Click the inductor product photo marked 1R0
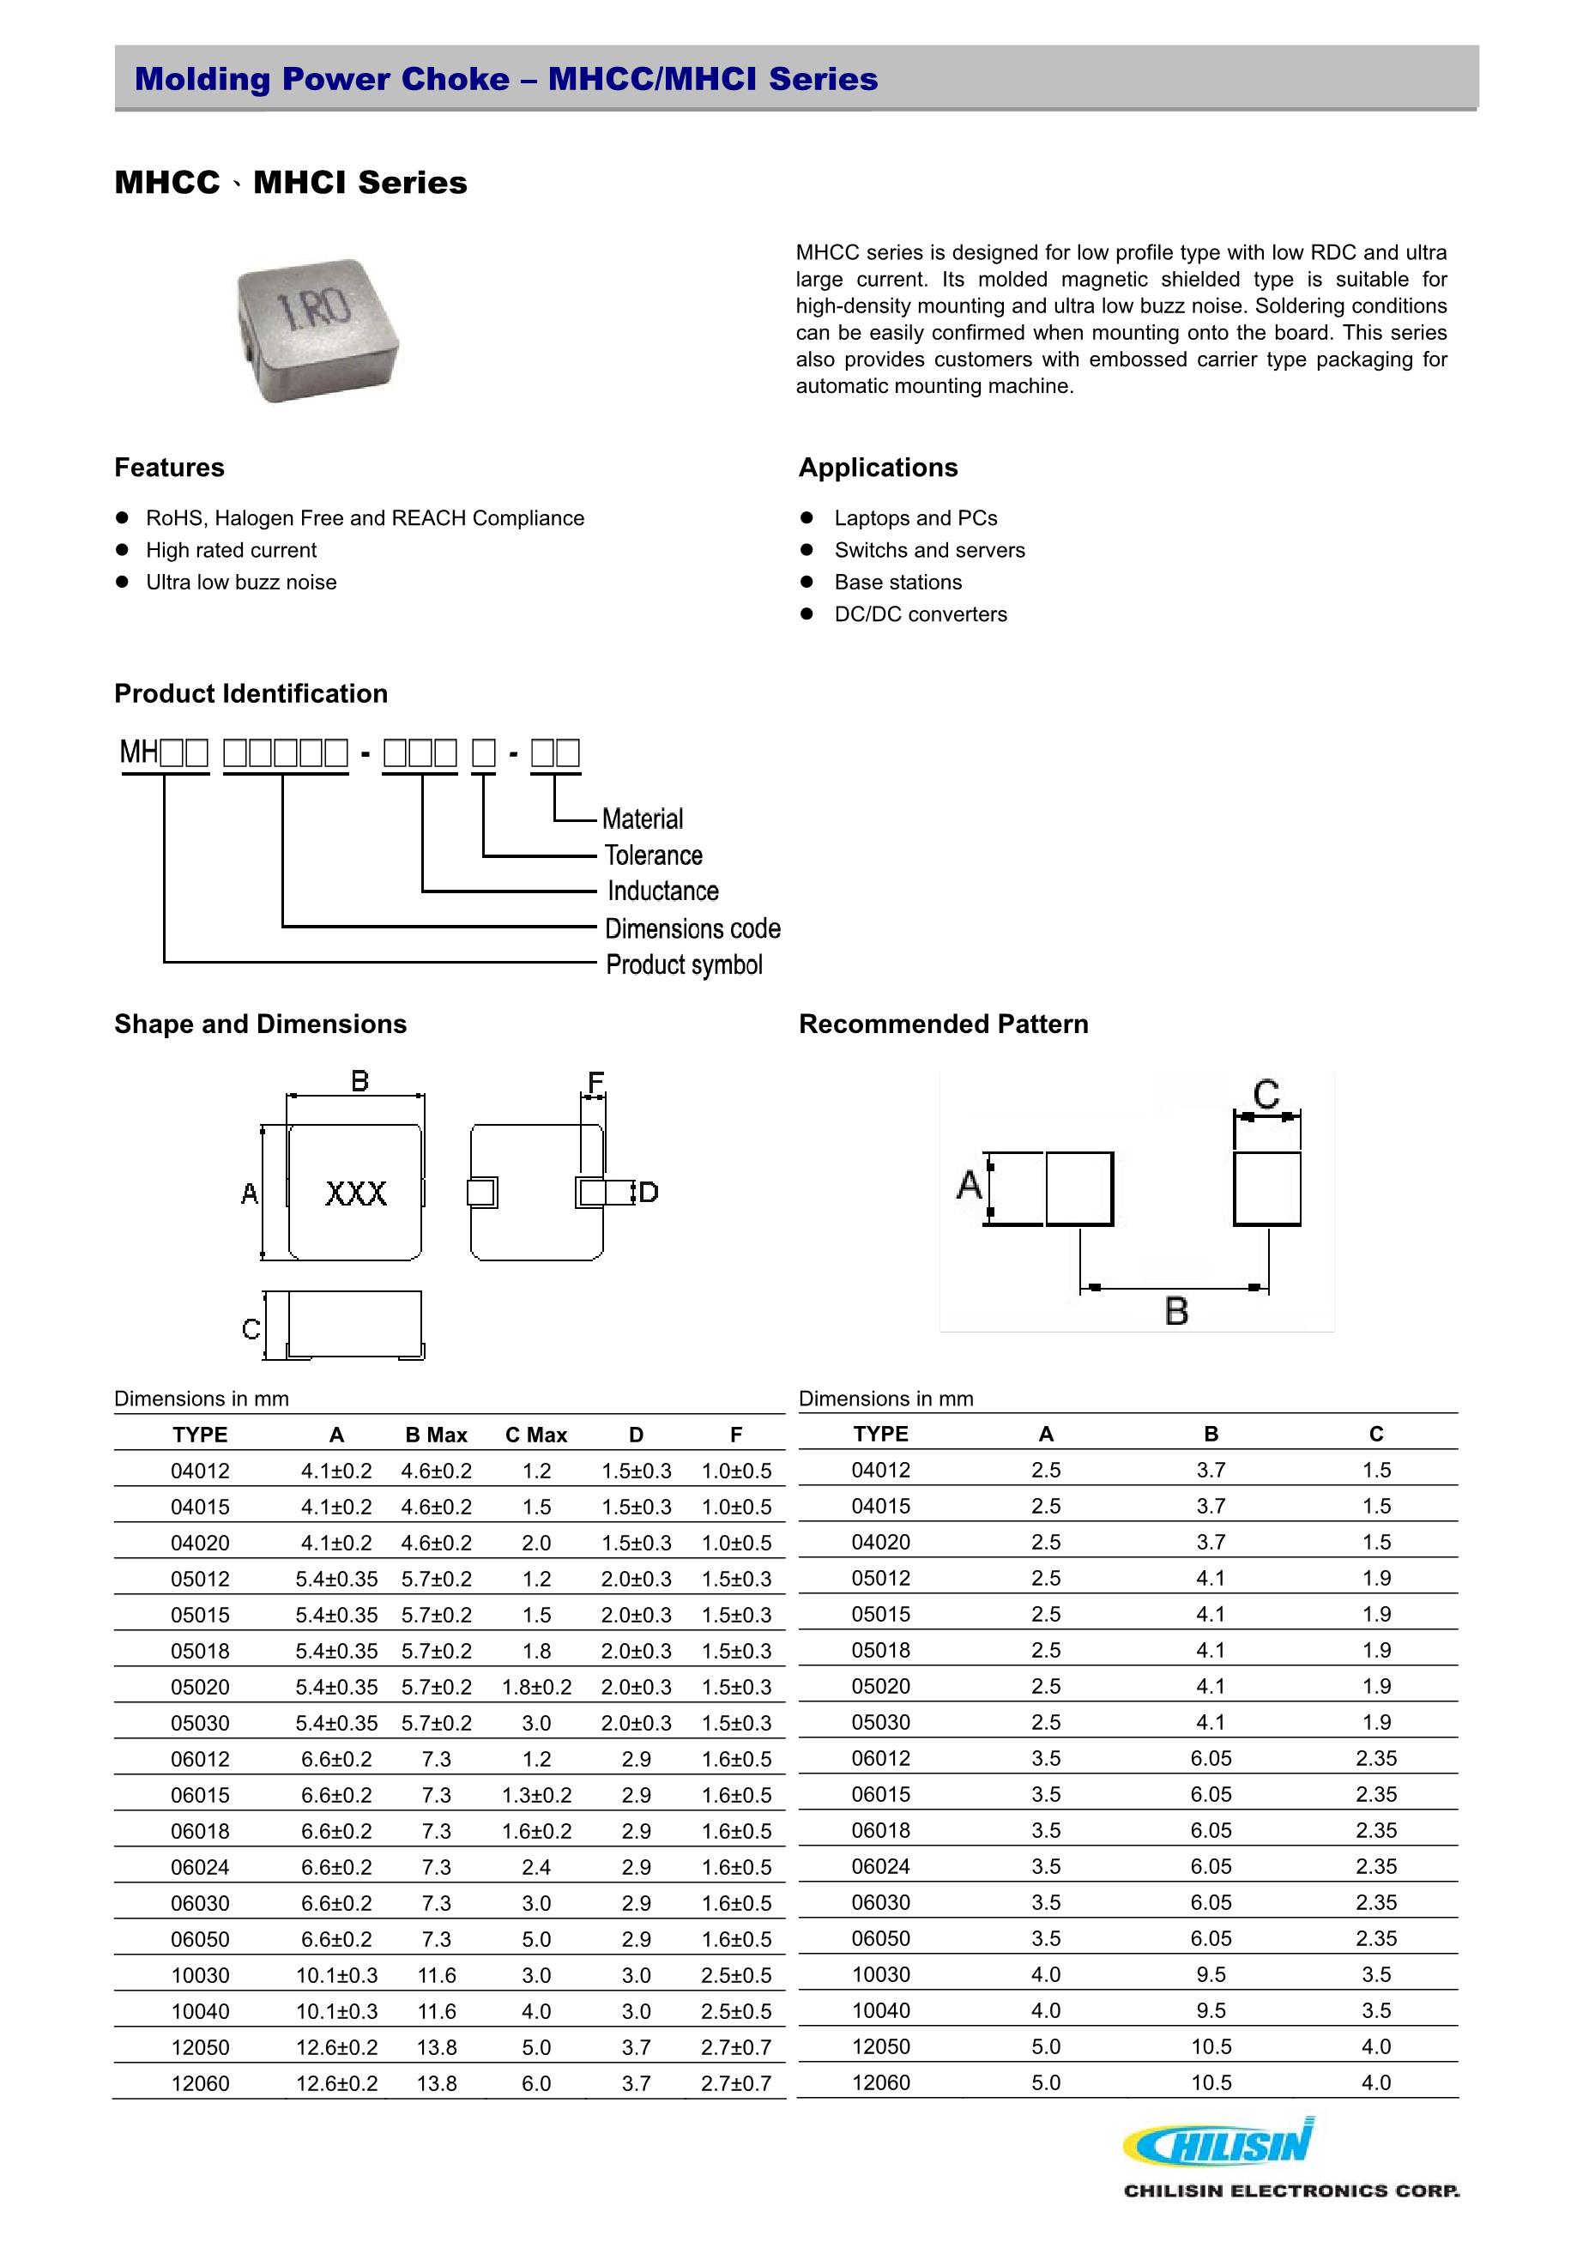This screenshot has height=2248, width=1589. pyautogui.click(x=318, y=330)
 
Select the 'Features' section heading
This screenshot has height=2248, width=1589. pyautogui.click(x=169, y=468)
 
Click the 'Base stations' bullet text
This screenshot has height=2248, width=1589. pyautogui.click(x=897, y=583)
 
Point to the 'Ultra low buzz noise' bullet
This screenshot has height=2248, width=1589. pyautogui.click(x=241, y=583)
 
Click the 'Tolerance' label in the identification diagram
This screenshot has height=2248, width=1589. pyautogui.click(x=653, y=855)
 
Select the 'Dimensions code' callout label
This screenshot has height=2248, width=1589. pyautogui.click(x=692, y=928)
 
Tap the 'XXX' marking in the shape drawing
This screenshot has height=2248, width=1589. pyautogui.click(x=355, y=1193)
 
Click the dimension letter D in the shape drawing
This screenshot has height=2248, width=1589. pyautogui.click(x=648, y=1193)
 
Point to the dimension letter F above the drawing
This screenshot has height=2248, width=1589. pyautogui.click(x=595, y=1082)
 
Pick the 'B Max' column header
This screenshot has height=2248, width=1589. pyautogui.click(x=436, y=1435)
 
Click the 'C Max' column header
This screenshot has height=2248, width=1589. pyautogui.click(x=535, y=1435)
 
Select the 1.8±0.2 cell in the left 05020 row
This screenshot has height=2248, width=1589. pyautogui.click(x=535, y=1687)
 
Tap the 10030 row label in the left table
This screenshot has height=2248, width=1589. pyautogui.click(x=200, y=1976)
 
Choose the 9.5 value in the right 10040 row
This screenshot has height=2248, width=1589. pyautogui.click(x=1211, y=2011)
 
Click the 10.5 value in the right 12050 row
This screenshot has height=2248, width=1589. pyautogui.click(x=1211, y=2047)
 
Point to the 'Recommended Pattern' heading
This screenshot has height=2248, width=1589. pyautogui.click(x=943, y=1024)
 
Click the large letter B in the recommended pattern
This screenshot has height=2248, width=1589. pyautogui.click(x=1177, y=1310)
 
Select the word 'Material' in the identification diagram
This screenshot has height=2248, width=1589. pyautogui.click(x=643, y=819)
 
